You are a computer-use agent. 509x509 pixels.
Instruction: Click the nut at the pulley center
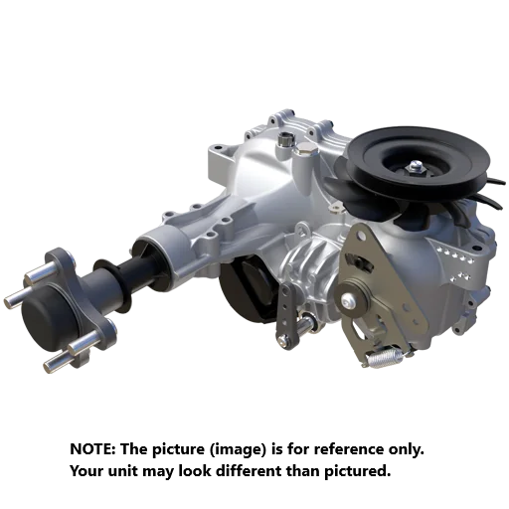[x=416, y=166]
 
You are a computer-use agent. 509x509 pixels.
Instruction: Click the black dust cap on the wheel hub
[x=48, y=320]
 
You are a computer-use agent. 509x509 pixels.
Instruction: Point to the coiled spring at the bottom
[x=386, y=357]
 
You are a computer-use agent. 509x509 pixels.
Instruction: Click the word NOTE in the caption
[x=92, y=449]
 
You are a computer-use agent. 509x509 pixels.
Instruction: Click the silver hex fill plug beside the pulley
[x=305, y=149]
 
